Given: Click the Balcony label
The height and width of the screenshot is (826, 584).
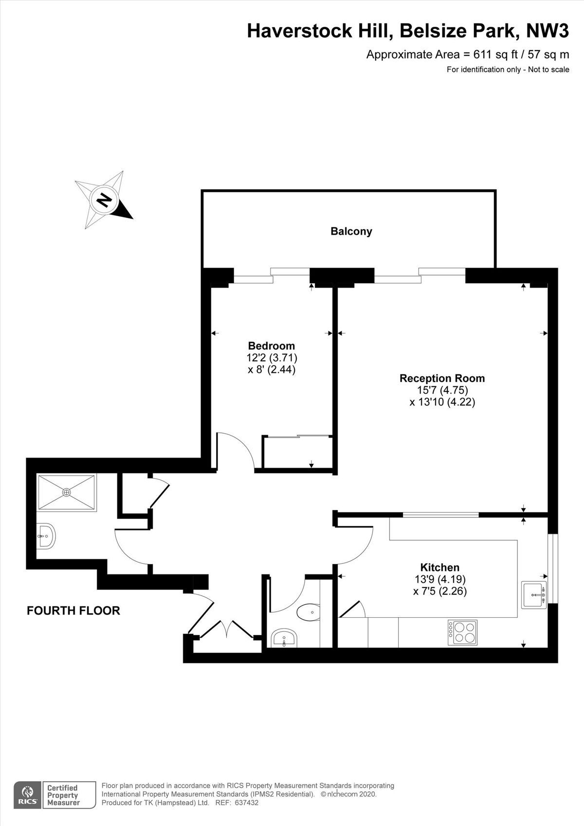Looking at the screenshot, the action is point(351,232).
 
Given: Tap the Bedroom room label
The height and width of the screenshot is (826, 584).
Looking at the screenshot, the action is point(272,346).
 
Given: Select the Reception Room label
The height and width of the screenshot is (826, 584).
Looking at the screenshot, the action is point(442,378).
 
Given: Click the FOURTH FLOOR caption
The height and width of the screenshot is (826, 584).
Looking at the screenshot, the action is point(73,611).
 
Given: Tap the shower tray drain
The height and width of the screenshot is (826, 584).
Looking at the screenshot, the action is point(66,492).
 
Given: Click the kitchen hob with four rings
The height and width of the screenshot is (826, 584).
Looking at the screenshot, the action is point(462,632).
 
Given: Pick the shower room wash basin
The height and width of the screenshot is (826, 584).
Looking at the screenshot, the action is point(46,537).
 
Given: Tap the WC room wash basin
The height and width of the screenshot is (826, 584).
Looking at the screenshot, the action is point(284,638).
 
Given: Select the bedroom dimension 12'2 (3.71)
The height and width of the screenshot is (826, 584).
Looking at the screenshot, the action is point(272,358).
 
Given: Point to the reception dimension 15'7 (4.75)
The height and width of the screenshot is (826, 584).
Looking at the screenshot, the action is point(442,390).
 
